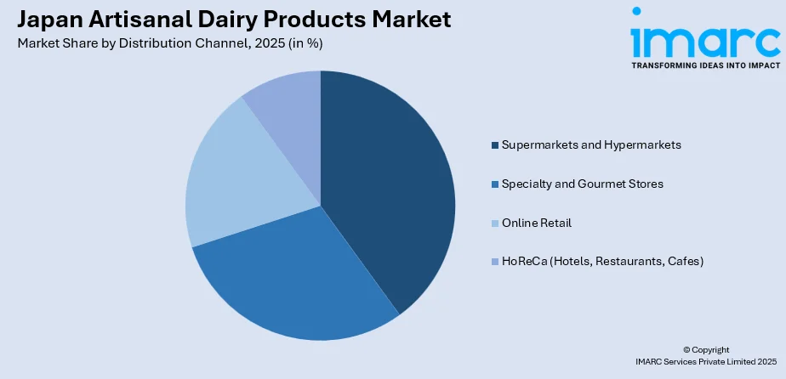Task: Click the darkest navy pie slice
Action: (x=387, y=187)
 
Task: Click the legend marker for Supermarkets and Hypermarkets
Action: (x=494, y=145)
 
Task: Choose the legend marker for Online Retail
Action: (x=494, y=223)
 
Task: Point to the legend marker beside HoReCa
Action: (x=494, y=262)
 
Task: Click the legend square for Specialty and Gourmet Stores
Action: (x=494, y=184)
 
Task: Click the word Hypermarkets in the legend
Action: (x=643, y=145)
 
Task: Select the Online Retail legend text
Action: (x=537, y=223)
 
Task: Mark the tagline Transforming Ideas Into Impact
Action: (x=705, y=64)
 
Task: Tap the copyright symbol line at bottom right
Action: (x=705, y=349)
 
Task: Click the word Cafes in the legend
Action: (x=684, y=262)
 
